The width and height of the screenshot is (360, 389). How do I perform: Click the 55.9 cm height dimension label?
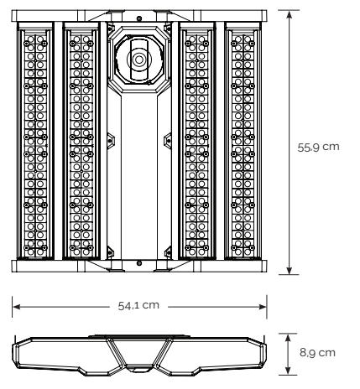pyautogui.click(x=318, y=148)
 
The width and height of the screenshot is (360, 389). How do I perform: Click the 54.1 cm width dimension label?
pyautogui.click(x=138, y=305)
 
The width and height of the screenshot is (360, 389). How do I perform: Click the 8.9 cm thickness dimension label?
pyautogui.click(x=317, y=353)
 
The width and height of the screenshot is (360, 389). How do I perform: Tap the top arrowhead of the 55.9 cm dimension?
pyautogui.click(x=290, y=14)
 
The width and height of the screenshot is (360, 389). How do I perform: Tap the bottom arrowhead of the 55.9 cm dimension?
pyautogui.click(x=290, y=270)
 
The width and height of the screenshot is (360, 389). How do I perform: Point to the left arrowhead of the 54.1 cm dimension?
pyautogui.click(x=17, y=307)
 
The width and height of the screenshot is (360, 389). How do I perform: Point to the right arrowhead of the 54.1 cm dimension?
pyautogui.click(x=263, y=307)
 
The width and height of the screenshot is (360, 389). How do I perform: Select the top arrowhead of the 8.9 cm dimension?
pyautogui.click(x=288, y=338)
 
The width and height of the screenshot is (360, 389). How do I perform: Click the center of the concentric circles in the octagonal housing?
pyautogui.click(x=139, y=60)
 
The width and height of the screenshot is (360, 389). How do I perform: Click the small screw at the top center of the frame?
pyautogui.click(x=139, y=18)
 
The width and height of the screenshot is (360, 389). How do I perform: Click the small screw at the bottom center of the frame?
pyautogui.click(x=139, y=263)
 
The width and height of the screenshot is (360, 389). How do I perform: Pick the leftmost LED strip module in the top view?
pyautogui.click(x=35, y=141)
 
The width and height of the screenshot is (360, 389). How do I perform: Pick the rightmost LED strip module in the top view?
pyautogui.click(x=243, y=141)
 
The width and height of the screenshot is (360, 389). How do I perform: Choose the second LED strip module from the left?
pyautogui.click(x=81, y=141)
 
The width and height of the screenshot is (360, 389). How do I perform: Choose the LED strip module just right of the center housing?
pyautogui.click(x=197, y=141)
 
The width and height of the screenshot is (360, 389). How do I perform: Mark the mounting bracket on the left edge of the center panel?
pyautogui.click(x=111, y=141)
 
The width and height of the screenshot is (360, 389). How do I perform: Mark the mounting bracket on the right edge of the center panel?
pyautogui.click(x=168, y=141)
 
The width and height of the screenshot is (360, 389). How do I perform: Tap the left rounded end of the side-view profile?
pyautogui.click(x=16, y=355)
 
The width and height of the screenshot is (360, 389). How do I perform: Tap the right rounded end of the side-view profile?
pyautogui.click(x=263, y=355)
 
